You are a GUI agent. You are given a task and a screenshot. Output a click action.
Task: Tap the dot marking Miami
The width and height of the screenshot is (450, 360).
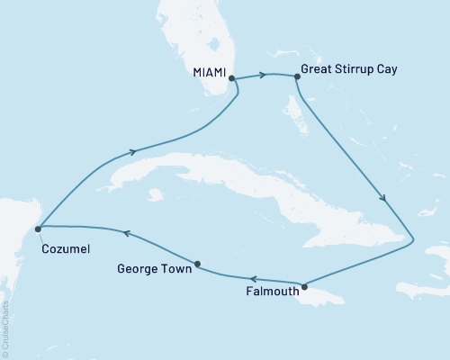click(232, 78)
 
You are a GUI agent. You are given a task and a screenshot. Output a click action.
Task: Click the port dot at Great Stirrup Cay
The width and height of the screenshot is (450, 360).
click(296, 77)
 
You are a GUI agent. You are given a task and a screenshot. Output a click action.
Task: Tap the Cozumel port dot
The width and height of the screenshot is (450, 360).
click(38, 229)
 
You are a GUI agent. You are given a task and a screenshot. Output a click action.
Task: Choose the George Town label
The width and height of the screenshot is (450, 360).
click(154, 267)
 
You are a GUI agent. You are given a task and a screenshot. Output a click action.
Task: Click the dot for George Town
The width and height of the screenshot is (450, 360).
click(198, 264)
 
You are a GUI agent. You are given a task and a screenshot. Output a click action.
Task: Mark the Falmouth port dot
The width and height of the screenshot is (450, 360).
click(305, 287)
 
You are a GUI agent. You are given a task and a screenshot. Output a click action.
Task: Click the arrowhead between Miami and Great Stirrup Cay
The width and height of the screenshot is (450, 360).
click(265, 75)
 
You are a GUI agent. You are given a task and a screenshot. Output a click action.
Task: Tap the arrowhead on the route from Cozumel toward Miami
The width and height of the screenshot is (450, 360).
click(134, 151)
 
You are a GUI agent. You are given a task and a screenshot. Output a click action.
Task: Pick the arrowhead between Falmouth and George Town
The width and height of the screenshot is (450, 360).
click(254, 279)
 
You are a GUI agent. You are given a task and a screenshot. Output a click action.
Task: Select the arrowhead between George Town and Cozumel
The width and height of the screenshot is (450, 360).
click(127, 234)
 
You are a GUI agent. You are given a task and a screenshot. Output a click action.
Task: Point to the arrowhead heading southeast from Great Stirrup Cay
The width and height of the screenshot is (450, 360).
click(385, 200)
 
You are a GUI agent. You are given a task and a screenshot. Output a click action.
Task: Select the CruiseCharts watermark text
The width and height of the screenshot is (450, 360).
click(7, 324)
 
